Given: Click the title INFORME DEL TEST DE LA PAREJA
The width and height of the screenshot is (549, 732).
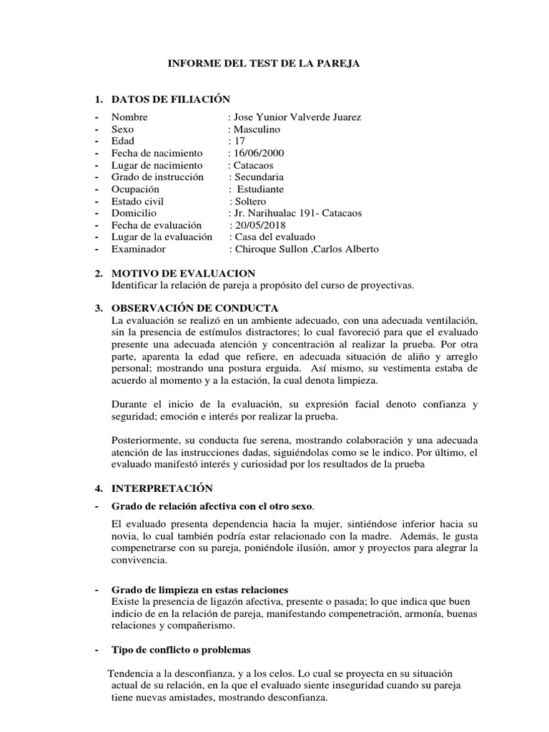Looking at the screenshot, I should pyautogui.click(x=264, y=64).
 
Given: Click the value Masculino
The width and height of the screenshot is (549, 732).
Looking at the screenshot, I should pyautogui.click(x=256, y=129).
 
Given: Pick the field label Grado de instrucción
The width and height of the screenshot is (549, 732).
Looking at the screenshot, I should pyautogui.click(x=157, y=177).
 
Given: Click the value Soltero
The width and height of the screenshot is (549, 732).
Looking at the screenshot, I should pyautogui.click(x=249, y=202).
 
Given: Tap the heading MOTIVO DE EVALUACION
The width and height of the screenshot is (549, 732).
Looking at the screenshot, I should pyautogui.click(x=183, y=274).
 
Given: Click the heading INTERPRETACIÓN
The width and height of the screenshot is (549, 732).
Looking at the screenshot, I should pyautogui.click(x=162, y=488).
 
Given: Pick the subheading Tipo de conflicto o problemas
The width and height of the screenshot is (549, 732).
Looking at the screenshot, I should pyautogui.click(x=181, y=650).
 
